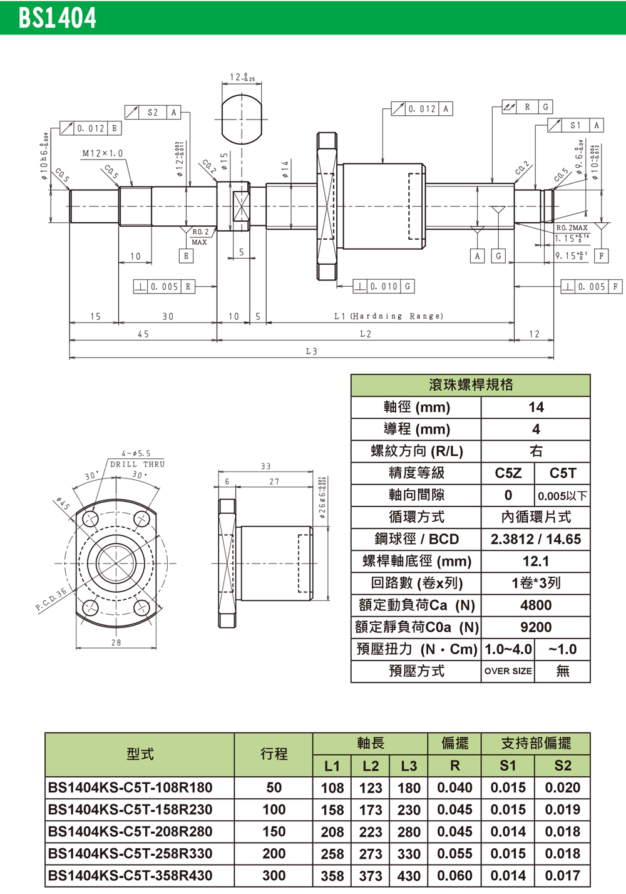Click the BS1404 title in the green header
click(57, 18)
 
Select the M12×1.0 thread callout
click(103, 153)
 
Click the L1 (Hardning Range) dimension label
click(388, 316)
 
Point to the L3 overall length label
click(311, 351)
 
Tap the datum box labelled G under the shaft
click(498, 255)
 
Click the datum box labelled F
click(602, 255)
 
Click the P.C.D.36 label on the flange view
click(51, 600)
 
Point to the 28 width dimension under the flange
click(116, 642)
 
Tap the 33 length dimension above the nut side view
click(265, 466)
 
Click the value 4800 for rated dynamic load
click(536, 605)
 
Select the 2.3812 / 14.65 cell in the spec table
click(536, 539)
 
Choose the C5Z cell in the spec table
click(508, 473)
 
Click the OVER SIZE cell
click(508, 671)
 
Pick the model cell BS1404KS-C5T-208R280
click(130, 831)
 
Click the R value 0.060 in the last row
click(454, 875)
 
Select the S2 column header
click(562, 766)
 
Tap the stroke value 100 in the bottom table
click(274, 809)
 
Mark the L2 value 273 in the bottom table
click(371, 854)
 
